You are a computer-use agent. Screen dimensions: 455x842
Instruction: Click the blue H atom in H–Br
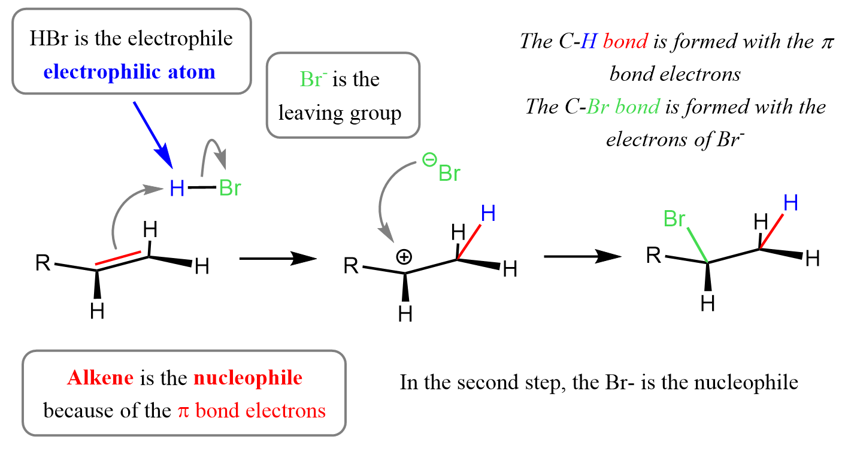tap(177, 189)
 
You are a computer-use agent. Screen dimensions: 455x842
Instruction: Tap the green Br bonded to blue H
tap(230, 189)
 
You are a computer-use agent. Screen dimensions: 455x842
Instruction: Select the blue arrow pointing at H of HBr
tap(153, 134)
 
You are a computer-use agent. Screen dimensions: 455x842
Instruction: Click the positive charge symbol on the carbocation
tap(405, 257)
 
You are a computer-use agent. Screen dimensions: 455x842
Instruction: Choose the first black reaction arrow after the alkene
tap(277, 259)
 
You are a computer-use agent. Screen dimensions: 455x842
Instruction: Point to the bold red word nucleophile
tap(248, 378)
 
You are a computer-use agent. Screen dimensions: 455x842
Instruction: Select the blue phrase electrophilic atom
tap(129, 72)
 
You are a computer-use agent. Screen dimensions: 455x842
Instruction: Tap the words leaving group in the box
tap(340, 113)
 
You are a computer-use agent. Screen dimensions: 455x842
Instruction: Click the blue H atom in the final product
tap(790, 204)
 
